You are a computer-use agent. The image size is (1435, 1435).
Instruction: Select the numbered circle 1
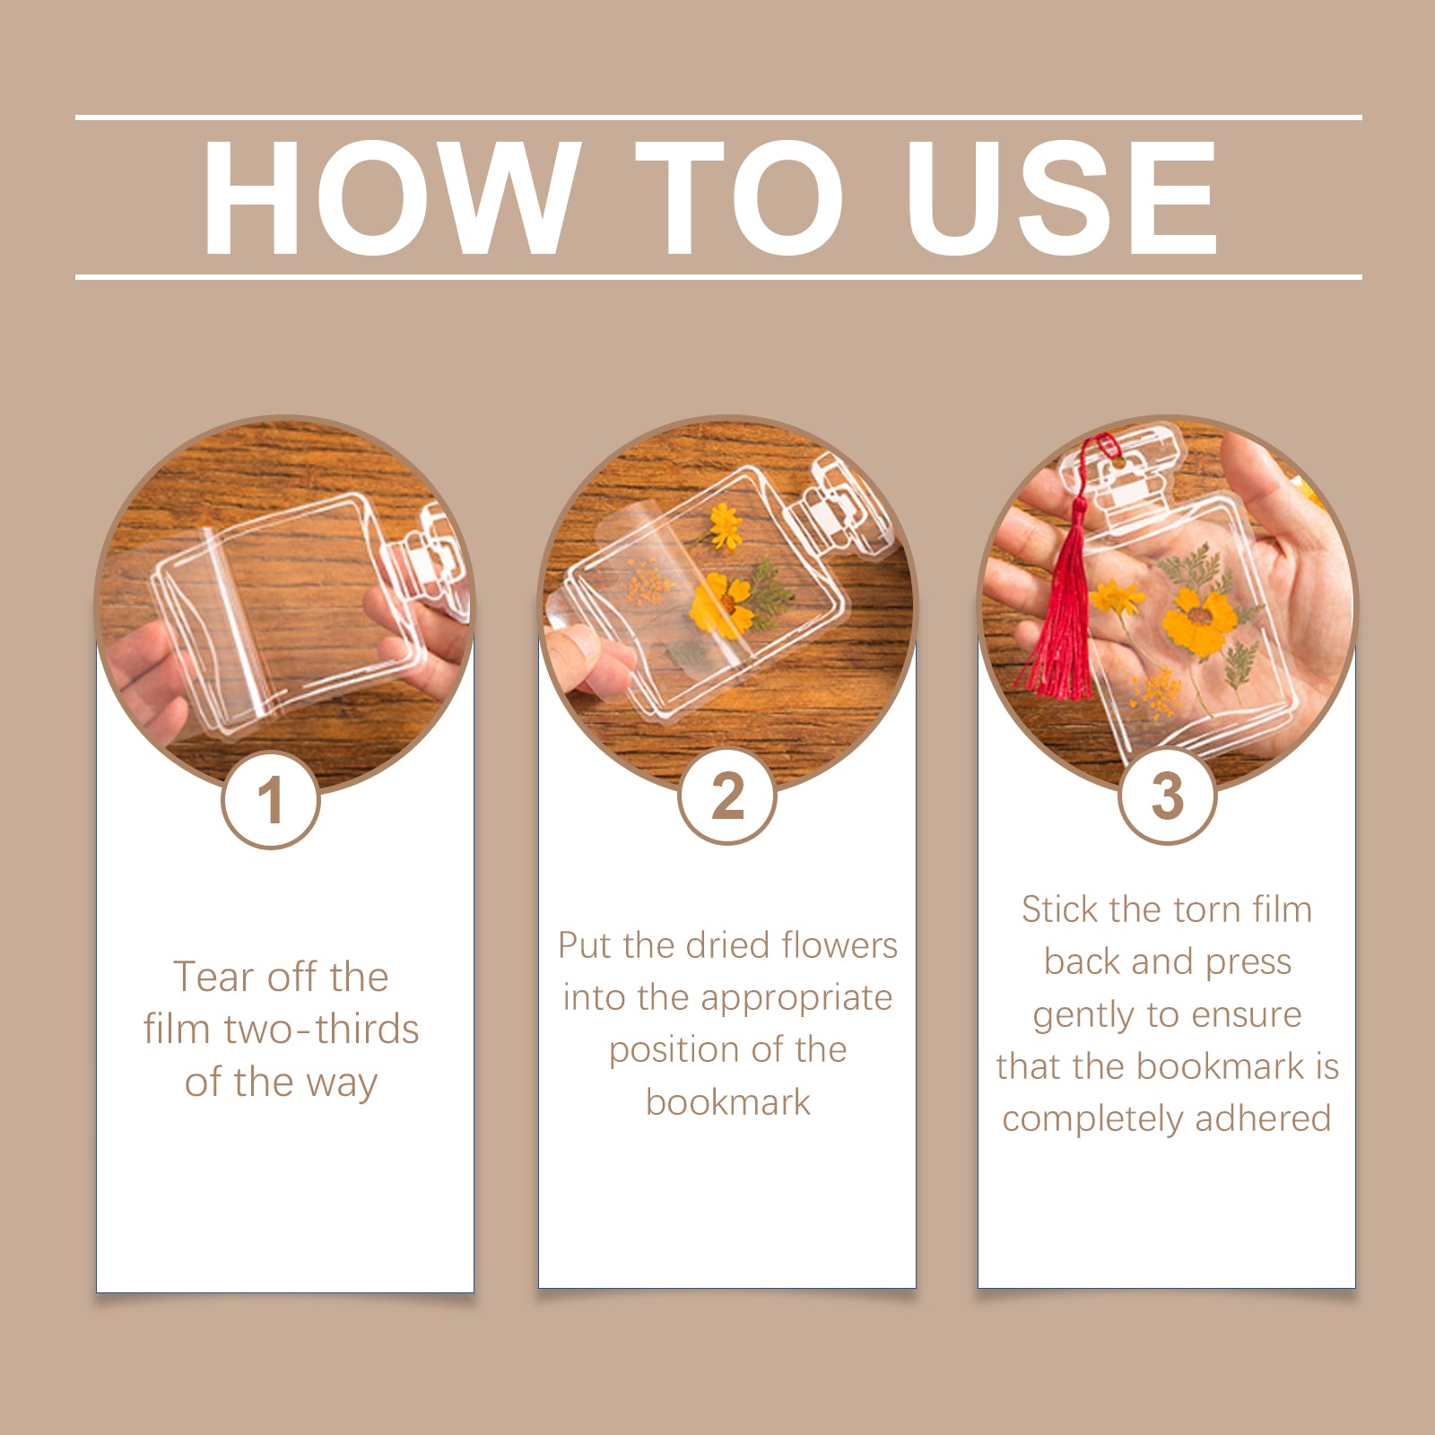(271, 799)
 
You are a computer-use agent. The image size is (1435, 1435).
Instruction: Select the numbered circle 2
(727, 796)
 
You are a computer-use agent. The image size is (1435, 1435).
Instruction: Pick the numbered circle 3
(1167, 796)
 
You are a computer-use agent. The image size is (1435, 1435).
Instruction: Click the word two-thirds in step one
(321, 1029)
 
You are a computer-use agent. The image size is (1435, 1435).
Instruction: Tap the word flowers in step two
(839, 944)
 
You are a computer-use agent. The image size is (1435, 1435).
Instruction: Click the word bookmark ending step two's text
(727, 1101)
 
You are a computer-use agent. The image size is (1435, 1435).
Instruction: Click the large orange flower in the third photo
(1199, 620)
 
